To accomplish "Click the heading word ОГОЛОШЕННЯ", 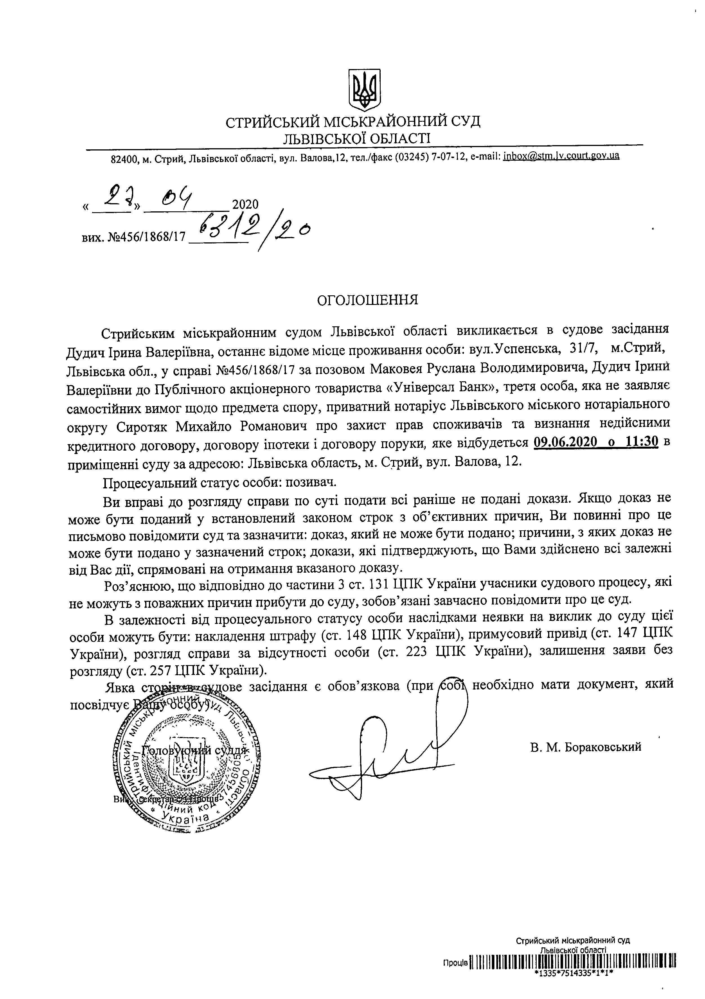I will coord(368,300).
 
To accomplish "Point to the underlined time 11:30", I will coord(642,442).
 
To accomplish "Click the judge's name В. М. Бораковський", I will coord(585,747).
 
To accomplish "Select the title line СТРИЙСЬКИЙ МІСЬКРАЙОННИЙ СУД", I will coord(353,122).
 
